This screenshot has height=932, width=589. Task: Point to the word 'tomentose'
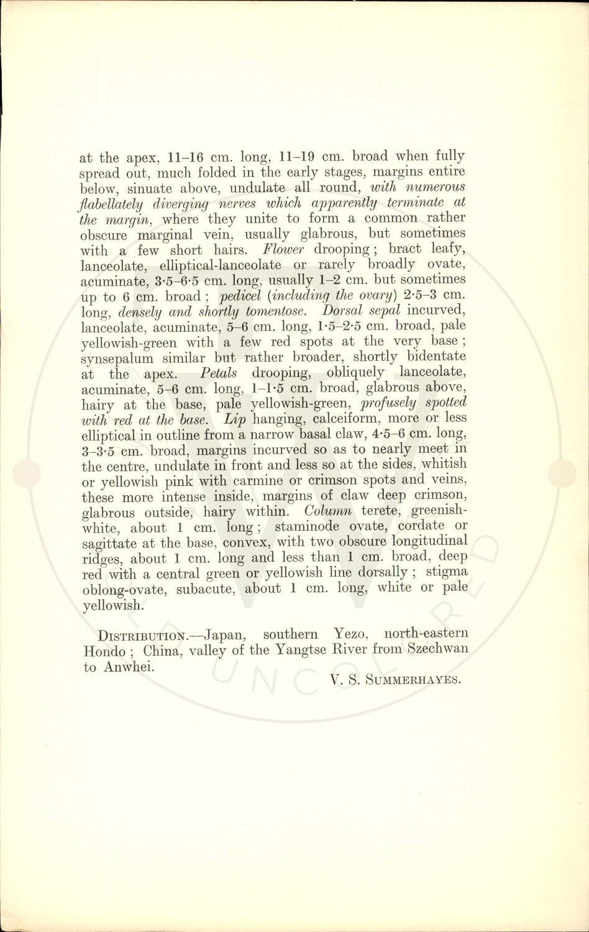click(x=282, y=311)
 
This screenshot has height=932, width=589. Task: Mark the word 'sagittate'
click(x=111, y=542)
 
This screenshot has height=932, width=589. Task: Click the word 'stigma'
click(x=447, y=572)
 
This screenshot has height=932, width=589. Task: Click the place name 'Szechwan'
click(x=436, y=650)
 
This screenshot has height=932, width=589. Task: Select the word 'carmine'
click(x=272, y=481)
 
